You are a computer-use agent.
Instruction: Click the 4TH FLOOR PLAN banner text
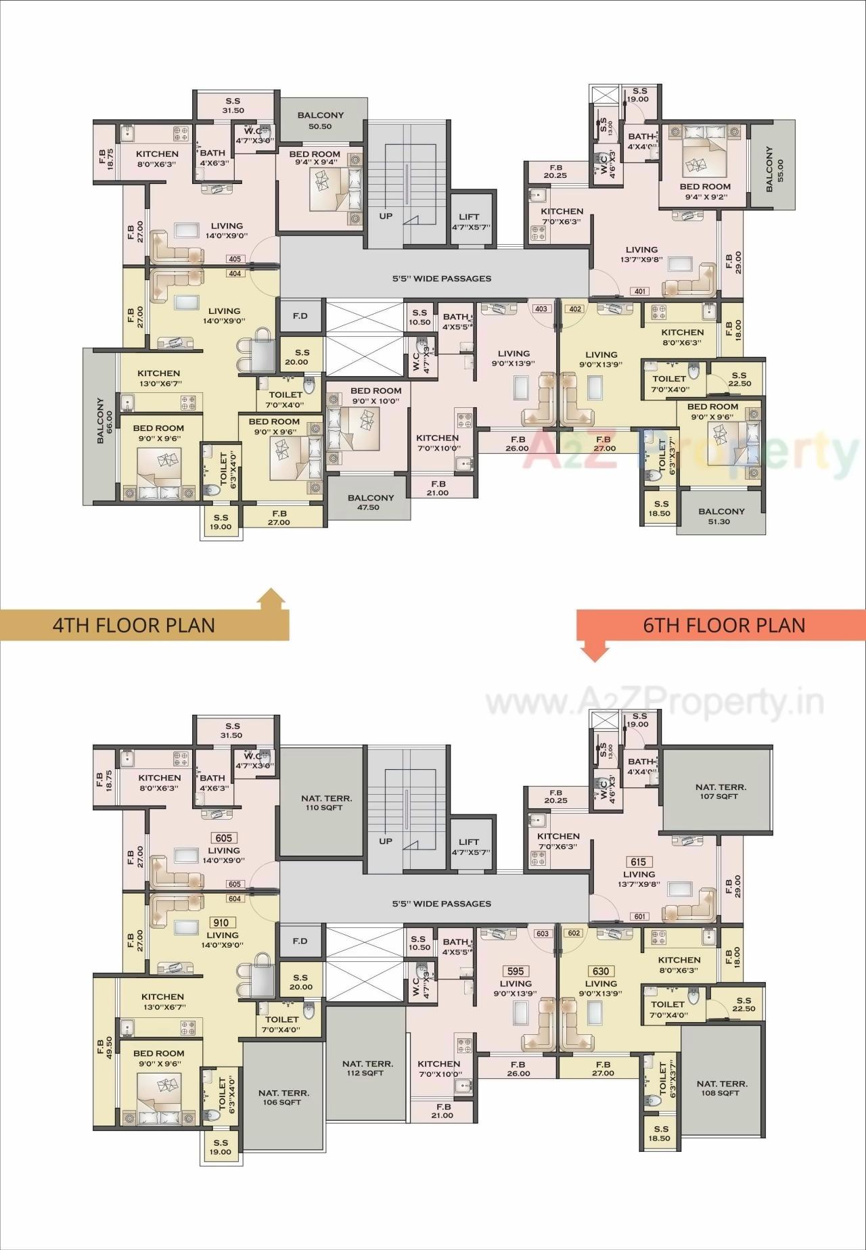(134, 624)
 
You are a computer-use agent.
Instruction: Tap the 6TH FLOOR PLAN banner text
(724, 624)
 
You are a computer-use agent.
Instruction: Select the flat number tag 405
(235, 259)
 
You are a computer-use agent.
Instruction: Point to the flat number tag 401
(639, 292)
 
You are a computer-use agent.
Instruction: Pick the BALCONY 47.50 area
(370, 502)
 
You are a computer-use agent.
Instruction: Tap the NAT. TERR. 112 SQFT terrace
(367, 1068)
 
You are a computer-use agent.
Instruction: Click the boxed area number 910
(221, 923)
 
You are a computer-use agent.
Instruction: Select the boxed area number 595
(516, 971)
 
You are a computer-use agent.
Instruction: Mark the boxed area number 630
(601, 971)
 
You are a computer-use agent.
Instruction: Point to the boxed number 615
(639, 862)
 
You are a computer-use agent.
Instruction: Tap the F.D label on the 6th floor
(300, 941)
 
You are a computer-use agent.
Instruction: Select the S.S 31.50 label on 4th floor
(233, 106)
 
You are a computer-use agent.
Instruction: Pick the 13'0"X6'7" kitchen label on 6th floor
(162, 1001)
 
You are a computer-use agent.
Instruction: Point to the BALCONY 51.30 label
(721, 516)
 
